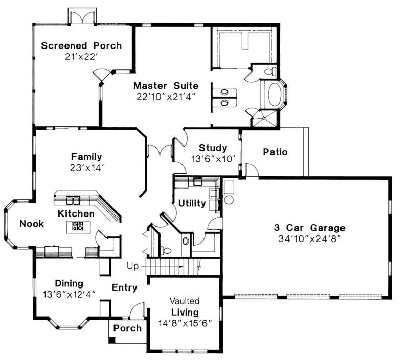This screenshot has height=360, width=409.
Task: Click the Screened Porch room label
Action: pos(81,45)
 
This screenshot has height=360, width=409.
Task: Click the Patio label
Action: pos(275,152)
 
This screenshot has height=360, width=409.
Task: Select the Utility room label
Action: pos(192,203)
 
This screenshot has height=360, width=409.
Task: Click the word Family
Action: pos(86,156)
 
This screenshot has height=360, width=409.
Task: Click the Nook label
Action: pos(32,223)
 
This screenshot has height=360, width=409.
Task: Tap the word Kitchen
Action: pos(76,213)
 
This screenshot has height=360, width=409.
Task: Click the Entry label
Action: pos(125,287)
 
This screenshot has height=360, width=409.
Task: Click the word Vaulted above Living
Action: pos(185,301)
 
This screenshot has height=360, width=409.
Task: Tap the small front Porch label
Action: pos(127,328)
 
